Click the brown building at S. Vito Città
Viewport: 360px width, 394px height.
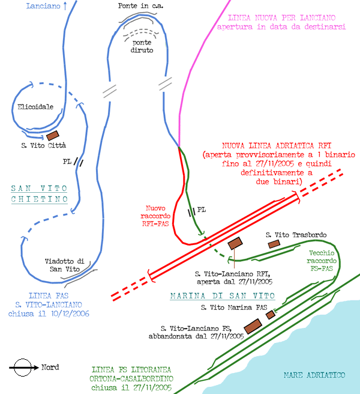(53, 136)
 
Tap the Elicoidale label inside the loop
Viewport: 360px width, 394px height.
(35, 107)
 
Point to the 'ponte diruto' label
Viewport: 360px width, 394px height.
(142, 46)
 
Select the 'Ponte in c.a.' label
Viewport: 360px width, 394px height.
(140, 6)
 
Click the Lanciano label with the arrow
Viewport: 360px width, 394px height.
(47, 6)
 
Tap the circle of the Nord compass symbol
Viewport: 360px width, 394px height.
(23, 368)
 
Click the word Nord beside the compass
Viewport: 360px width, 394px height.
(50, 367)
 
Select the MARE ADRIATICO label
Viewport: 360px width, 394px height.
(314, 375)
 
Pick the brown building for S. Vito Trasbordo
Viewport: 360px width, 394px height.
(274, 244)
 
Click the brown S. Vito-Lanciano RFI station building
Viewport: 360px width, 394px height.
(235, 243)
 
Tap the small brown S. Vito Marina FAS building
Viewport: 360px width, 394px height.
(271, 315)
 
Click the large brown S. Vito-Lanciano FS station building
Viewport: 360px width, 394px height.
(253, 326)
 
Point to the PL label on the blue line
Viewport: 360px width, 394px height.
(67, 162)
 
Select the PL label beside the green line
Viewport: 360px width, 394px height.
(202, 210)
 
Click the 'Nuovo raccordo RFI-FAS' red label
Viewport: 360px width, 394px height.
(155, 216)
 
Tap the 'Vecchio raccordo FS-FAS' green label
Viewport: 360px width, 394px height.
(322, 261)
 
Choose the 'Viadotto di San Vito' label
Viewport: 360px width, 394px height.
(65, 265)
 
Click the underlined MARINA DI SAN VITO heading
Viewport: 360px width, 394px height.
(223, 296)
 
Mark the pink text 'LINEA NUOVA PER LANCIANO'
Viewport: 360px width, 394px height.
(281, 18)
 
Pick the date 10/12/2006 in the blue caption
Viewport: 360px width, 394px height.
(70, 314)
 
